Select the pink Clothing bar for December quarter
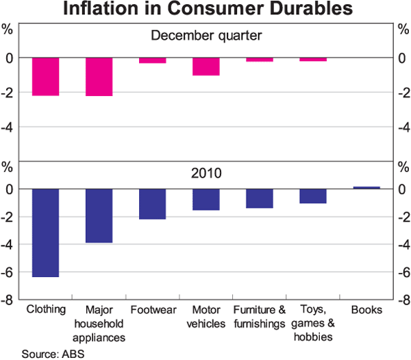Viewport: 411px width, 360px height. click(45, 77)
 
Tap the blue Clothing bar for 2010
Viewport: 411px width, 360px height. click(45, 232)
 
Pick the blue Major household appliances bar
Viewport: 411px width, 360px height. click(99, 215)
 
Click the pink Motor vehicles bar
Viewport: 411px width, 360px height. click(206, 67)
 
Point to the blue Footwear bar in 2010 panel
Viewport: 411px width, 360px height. click(152, 204)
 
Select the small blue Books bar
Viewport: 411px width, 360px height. click(366, 187)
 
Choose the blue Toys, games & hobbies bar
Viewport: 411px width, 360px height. click(312, 196)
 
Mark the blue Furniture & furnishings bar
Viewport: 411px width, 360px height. click(259, 198)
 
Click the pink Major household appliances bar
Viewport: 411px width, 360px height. click(99, 77)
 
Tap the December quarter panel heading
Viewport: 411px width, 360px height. click(206, 36)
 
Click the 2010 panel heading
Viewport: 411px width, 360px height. click(206, 172)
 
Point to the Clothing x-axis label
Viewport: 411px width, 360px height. click(45, 310)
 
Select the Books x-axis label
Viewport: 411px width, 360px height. click(366, 310)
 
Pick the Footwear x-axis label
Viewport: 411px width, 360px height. click(152, 310)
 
